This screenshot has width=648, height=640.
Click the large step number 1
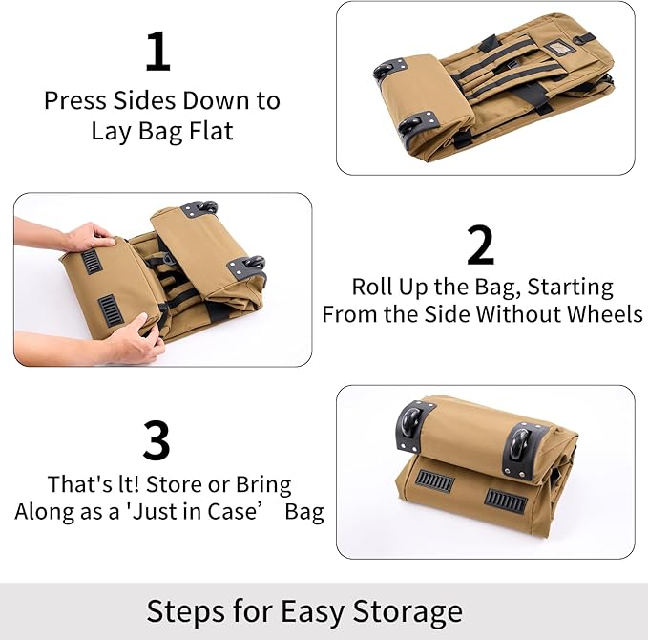157,52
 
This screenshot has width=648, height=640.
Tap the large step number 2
481,245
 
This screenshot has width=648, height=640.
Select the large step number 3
157,440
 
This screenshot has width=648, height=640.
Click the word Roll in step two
373,287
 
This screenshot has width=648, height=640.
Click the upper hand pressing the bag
87,236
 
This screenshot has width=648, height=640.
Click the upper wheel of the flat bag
390,69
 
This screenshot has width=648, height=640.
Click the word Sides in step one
148,100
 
